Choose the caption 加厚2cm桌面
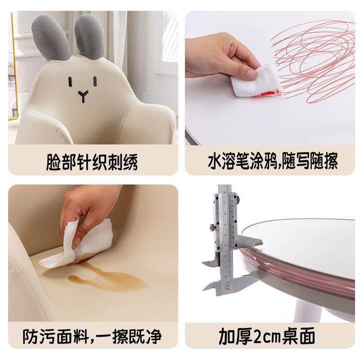pos(273,336)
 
